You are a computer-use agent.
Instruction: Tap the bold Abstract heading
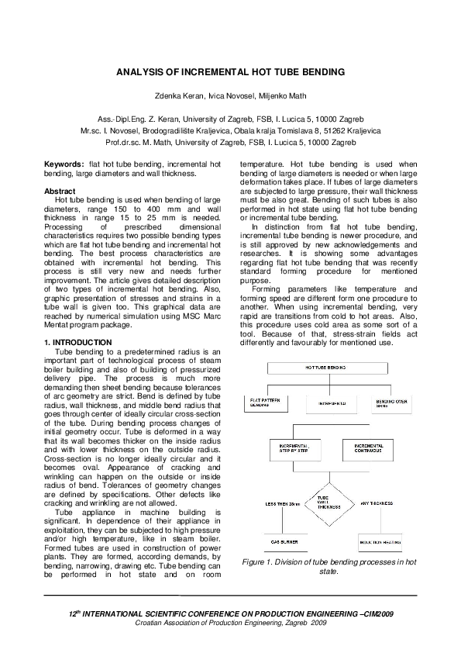click(x=60, y=190)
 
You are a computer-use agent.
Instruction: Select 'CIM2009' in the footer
click(x=377, y=613)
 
